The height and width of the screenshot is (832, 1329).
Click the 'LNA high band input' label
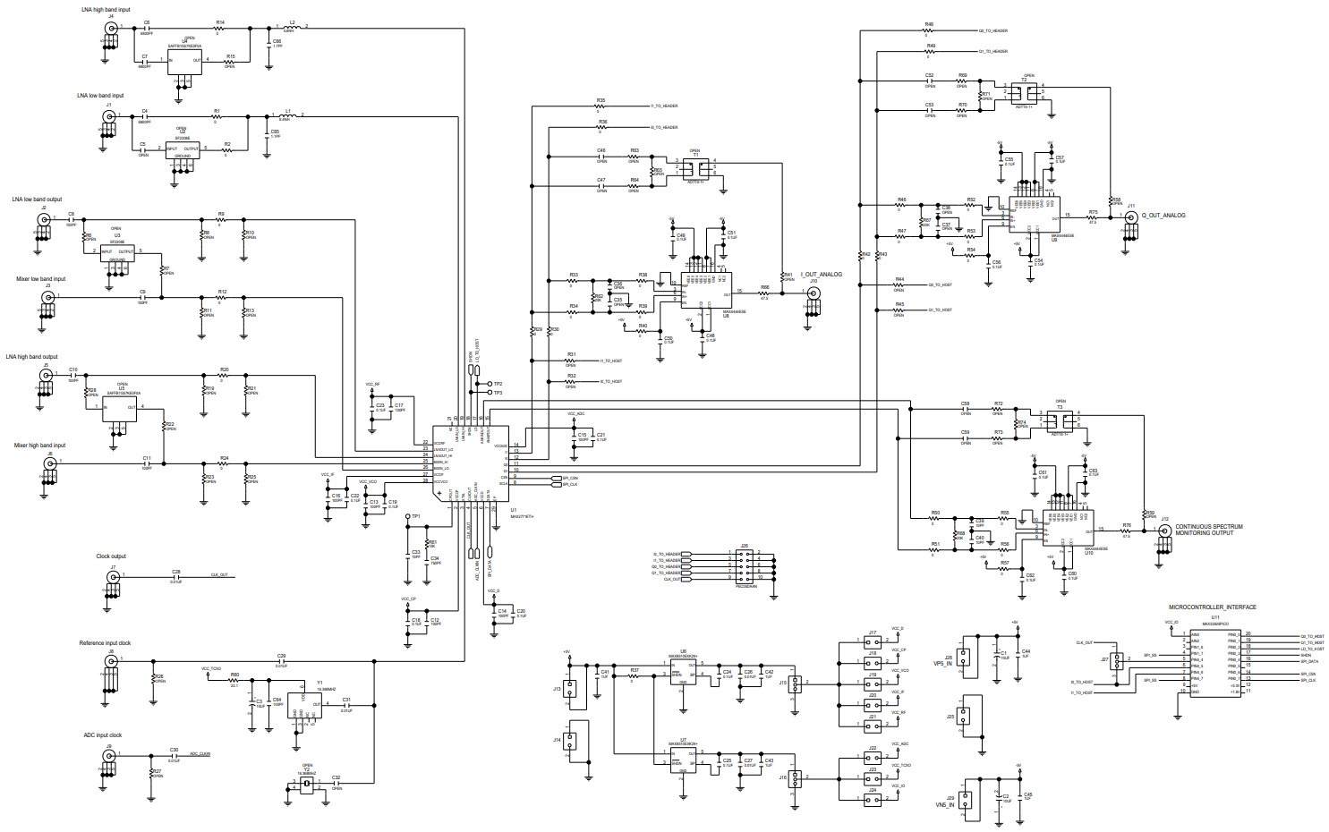(x=106, y=10)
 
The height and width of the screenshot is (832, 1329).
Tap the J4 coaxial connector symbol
(x=111, y=29)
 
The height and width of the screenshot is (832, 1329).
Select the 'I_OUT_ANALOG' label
(x=821, y=275)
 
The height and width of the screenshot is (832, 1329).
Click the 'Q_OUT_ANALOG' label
(x=1163, y=216)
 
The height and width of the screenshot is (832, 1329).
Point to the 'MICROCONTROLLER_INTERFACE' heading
(x=1212, y=607)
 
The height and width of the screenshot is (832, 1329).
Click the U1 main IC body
(x=471, y=463)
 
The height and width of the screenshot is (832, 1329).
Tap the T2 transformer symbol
(x=1026, y=92)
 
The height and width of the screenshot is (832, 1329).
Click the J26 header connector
(x=745, y=567)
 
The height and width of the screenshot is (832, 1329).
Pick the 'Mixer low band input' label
(x=41, y=279)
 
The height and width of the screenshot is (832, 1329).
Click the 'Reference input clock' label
(x=105, y=643)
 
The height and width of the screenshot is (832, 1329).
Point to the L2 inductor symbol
(x=291, y=28)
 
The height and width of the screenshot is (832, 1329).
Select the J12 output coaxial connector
(x=1164, y=531)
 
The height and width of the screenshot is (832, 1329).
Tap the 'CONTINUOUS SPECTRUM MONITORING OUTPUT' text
(x=1208, y=530)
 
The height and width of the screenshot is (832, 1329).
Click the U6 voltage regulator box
(x=684, y=671)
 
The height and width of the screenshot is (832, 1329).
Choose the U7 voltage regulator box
(x=684, y=760)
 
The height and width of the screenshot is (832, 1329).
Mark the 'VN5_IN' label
(x=945, y=805)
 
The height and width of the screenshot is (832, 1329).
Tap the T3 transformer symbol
(x=1060, y=420)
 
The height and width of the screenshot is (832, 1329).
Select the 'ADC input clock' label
(x=103, y=735)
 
